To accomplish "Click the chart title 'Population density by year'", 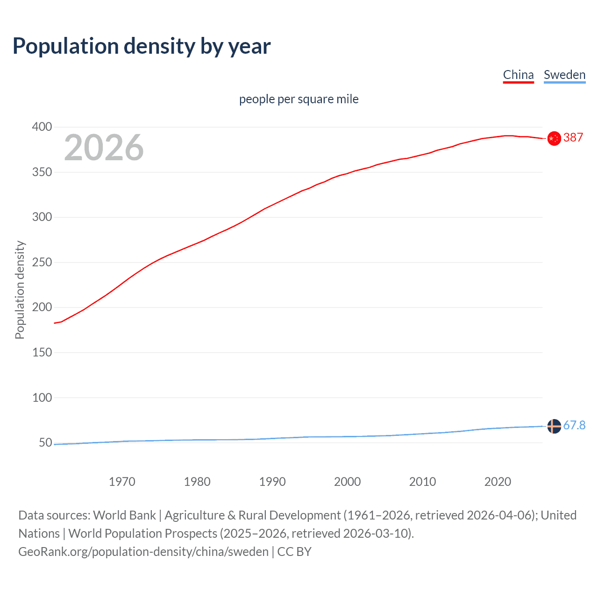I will coord(142,46).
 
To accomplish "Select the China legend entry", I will coord(518,75).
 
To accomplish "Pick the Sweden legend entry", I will coord(564,75).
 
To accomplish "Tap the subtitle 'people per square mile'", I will coord(299,99).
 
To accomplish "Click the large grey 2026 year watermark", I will coord(104,148).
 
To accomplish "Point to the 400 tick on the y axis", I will coord(42,127).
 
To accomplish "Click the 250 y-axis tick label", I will coord(42,262).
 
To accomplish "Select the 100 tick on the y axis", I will coord(42,398).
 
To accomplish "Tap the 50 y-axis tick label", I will coord(45,442).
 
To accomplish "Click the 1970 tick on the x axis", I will coord(122,482).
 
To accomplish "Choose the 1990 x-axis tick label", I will coord(272,482).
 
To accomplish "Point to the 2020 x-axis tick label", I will coord(498,482).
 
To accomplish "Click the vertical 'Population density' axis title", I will coord(20,290).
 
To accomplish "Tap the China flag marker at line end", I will coord(554,139).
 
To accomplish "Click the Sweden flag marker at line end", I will coord(554,426).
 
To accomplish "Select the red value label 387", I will coord(573,137).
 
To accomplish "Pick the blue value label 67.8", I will coord(574,425).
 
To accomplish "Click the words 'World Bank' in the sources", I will coord(124,515).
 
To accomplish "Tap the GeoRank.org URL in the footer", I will coord(143,552).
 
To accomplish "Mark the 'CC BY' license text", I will coord(294,552).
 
